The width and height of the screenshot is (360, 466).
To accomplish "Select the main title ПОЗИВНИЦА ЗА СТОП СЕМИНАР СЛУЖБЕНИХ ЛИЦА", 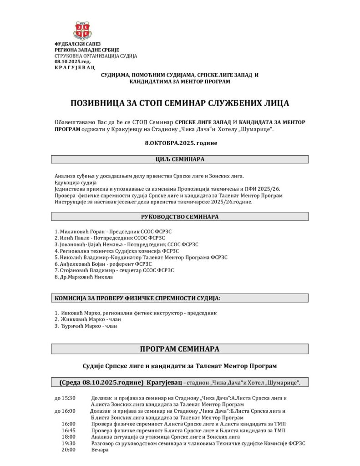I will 179,103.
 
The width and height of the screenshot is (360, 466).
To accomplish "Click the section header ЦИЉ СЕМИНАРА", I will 180,159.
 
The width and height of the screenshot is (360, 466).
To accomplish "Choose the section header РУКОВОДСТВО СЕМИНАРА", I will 180,217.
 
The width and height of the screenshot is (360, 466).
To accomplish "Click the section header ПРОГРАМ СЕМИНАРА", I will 180,349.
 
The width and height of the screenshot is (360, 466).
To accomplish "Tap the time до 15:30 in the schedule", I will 65,398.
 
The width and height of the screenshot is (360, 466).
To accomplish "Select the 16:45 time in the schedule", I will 69,430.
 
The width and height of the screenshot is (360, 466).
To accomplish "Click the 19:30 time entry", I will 69,443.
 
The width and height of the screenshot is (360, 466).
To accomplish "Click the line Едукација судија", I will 72,182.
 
